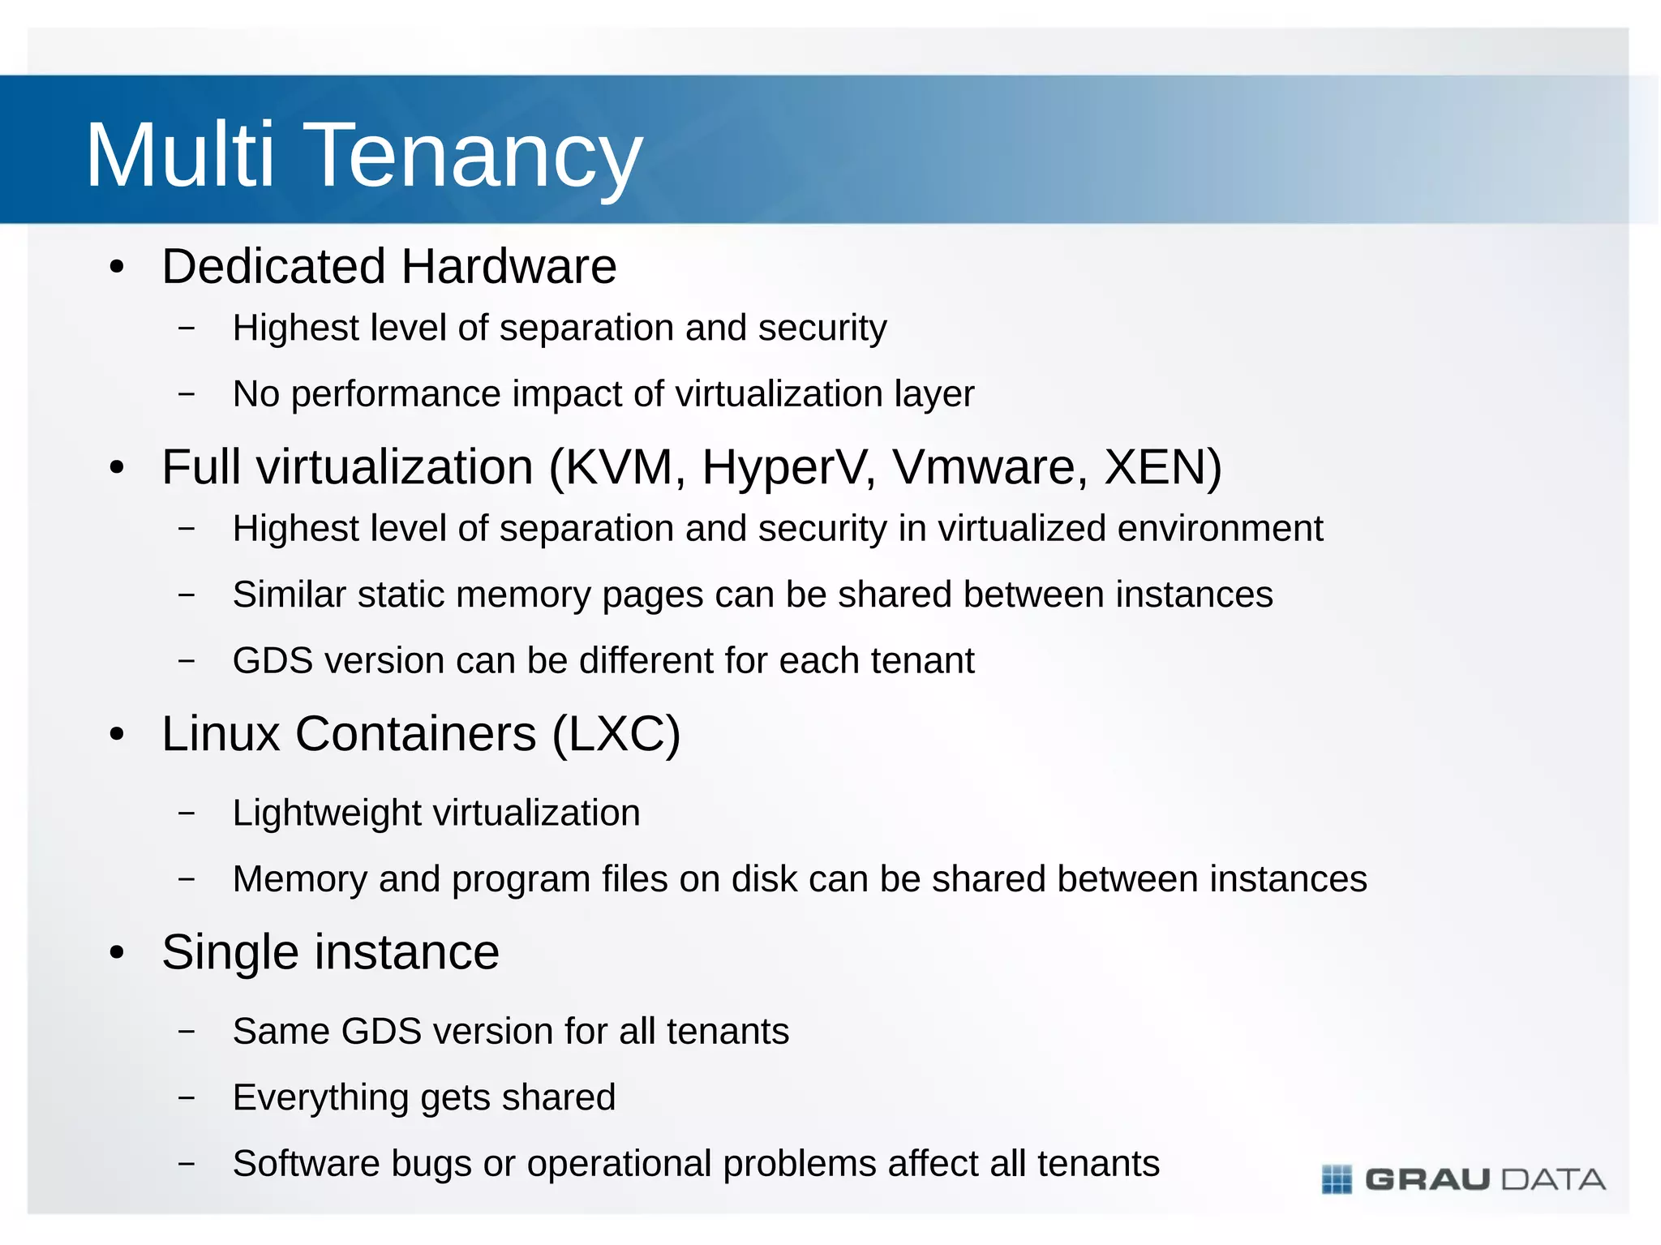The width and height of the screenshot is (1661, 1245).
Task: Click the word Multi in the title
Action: tap(180, 154)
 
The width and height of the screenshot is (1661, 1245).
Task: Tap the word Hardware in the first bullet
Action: tap(509, 267)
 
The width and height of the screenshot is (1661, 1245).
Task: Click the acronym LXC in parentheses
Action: tap(616, 735)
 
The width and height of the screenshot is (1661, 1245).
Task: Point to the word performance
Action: tap(397, 395)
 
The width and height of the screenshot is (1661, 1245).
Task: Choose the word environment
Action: tap(1220, 529)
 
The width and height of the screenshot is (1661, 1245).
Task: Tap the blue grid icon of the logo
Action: tap(1337, 1179)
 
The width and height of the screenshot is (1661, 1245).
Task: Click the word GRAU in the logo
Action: tap(1427, 1179)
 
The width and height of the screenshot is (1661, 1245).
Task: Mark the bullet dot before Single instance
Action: tap(118, 954)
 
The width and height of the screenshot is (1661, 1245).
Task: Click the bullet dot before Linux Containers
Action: tap(118, 736)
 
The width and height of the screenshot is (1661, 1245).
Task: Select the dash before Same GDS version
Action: tap(187, 1032)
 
